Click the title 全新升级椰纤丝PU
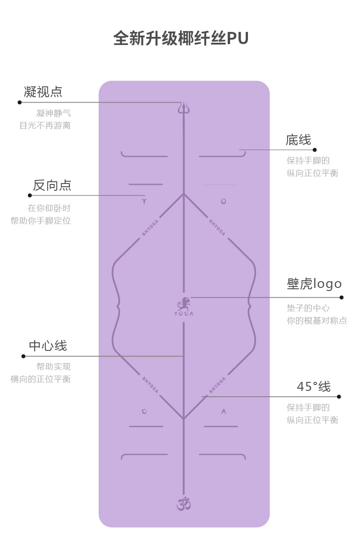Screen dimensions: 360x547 pyautogui.click(x=180, y=39)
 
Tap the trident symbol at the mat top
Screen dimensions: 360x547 pyautogui.click(x=183, y=108)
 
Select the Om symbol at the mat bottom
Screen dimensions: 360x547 pyautogui.click(x=183, y=503)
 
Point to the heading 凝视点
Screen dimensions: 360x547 pyautogui.click(x=43, y=92)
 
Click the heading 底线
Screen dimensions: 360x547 pyautogui.click(x=298, y=140)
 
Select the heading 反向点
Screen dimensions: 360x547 pyautogui.click(x=52, y=185)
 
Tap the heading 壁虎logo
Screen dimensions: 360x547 pyautogui.click(x=314, y=284)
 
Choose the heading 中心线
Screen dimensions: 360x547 pyautogui.click(x=48, y=346)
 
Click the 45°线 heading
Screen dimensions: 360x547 pyautogui.click(x=314, y=386)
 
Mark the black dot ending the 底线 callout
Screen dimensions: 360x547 pyautogui.click(x=315, y=150)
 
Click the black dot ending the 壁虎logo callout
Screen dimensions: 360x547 pyautogui.click(x=342, y=297)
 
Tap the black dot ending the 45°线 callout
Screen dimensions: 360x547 pyautogui.click(x=339, y=397)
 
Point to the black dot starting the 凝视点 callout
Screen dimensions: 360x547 pyautogui.click(x=19, y=103)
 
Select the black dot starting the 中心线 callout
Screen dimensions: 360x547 pyautogui.click(x=23, y=356)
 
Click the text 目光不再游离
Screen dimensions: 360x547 pyautogui.click(x=45, y=126)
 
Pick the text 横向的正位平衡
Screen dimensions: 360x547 pyautogui.click(x=40, y=379)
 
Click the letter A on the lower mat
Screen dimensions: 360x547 pyautogui.click(x=224, y=412)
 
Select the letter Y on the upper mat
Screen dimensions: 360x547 pyautogui.click(x=144, y=202)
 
